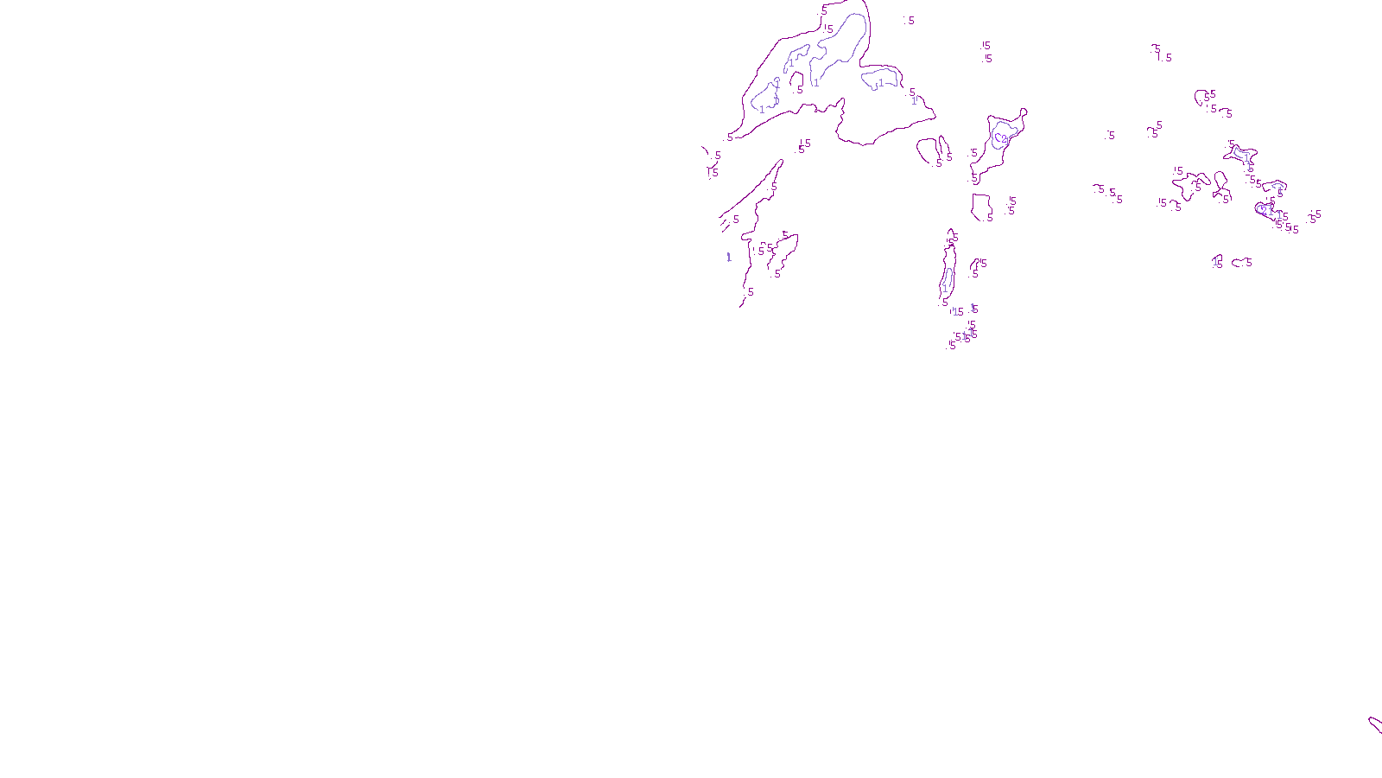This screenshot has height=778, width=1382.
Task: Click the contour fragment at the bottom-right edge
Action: pyautogui.click(x=1374, y=724)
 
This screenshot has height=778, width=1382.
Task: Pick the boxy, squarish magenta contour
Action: pyautogui.click(x=981, y=207)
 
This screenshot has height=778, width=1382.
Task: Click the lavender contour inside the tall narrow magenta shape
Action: pyautogui.click(x=947, y=278)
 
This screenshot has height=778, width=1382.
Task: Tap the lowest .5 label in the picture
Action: pyautogui.click(x=952, y=345)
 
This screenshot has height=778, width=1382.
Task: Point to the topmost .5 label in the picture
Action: pyautogui.click(x=823, y=11)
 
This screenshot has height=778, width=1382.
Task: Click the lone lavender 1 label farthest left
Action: pyautogui.click(x=729, y=257)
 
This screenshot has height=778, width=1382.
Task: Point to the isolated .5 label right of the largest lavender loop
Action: pyautogui.click(x=909, y=21)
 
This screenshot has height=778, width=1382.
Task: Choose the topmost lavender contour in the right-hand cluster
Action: pyautogui.click(x=1241, y=154)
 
